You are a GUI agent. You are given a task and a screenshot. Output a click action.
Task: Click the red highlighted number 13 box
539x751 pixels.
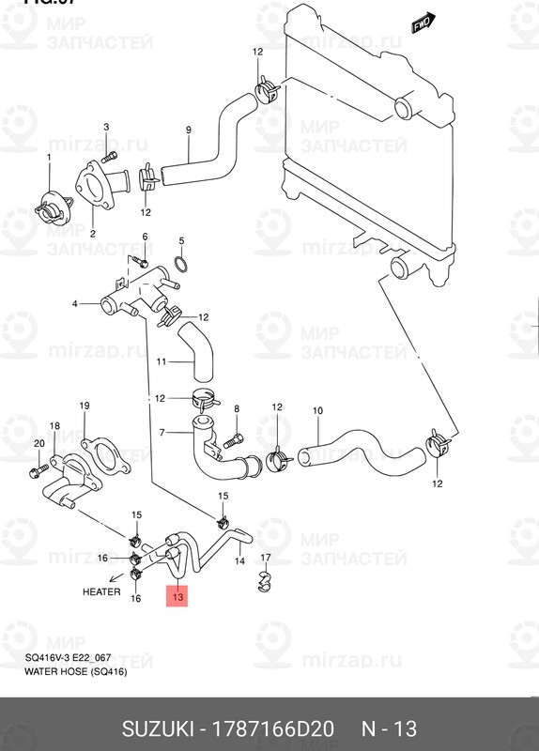177,595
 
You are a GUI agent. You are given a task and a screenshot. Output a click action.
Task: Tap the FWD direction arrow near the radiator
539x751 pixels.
421,23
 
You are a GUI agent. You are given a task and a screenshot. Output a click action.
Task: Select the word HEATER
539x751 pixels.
102,592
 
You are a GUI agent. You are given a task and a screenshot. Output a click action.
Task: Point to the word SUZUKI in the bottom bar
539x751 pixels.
160,729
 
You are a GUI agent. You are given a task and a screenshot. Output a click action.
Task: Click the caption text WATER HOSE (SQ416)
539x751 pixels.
75,672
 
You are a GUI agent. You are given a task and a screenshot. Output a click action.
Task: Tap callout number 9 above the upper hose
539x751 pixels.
188,130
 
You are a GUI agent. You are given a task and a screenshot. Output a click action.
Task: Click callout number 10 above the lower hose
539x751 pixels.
316,410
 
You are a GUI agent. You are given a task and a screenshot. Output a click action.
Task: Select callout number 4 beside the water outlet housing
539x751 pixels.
75,303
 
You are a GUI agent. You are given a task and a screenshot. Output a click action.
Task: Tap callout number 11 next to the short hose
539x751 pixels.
162,361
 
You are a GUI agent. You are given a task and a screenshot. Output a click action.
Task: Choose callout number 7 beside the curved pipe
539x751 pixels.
162,432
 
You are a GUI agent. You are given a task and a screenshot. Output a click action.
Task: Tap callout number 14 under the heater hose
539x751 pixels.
239,560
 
